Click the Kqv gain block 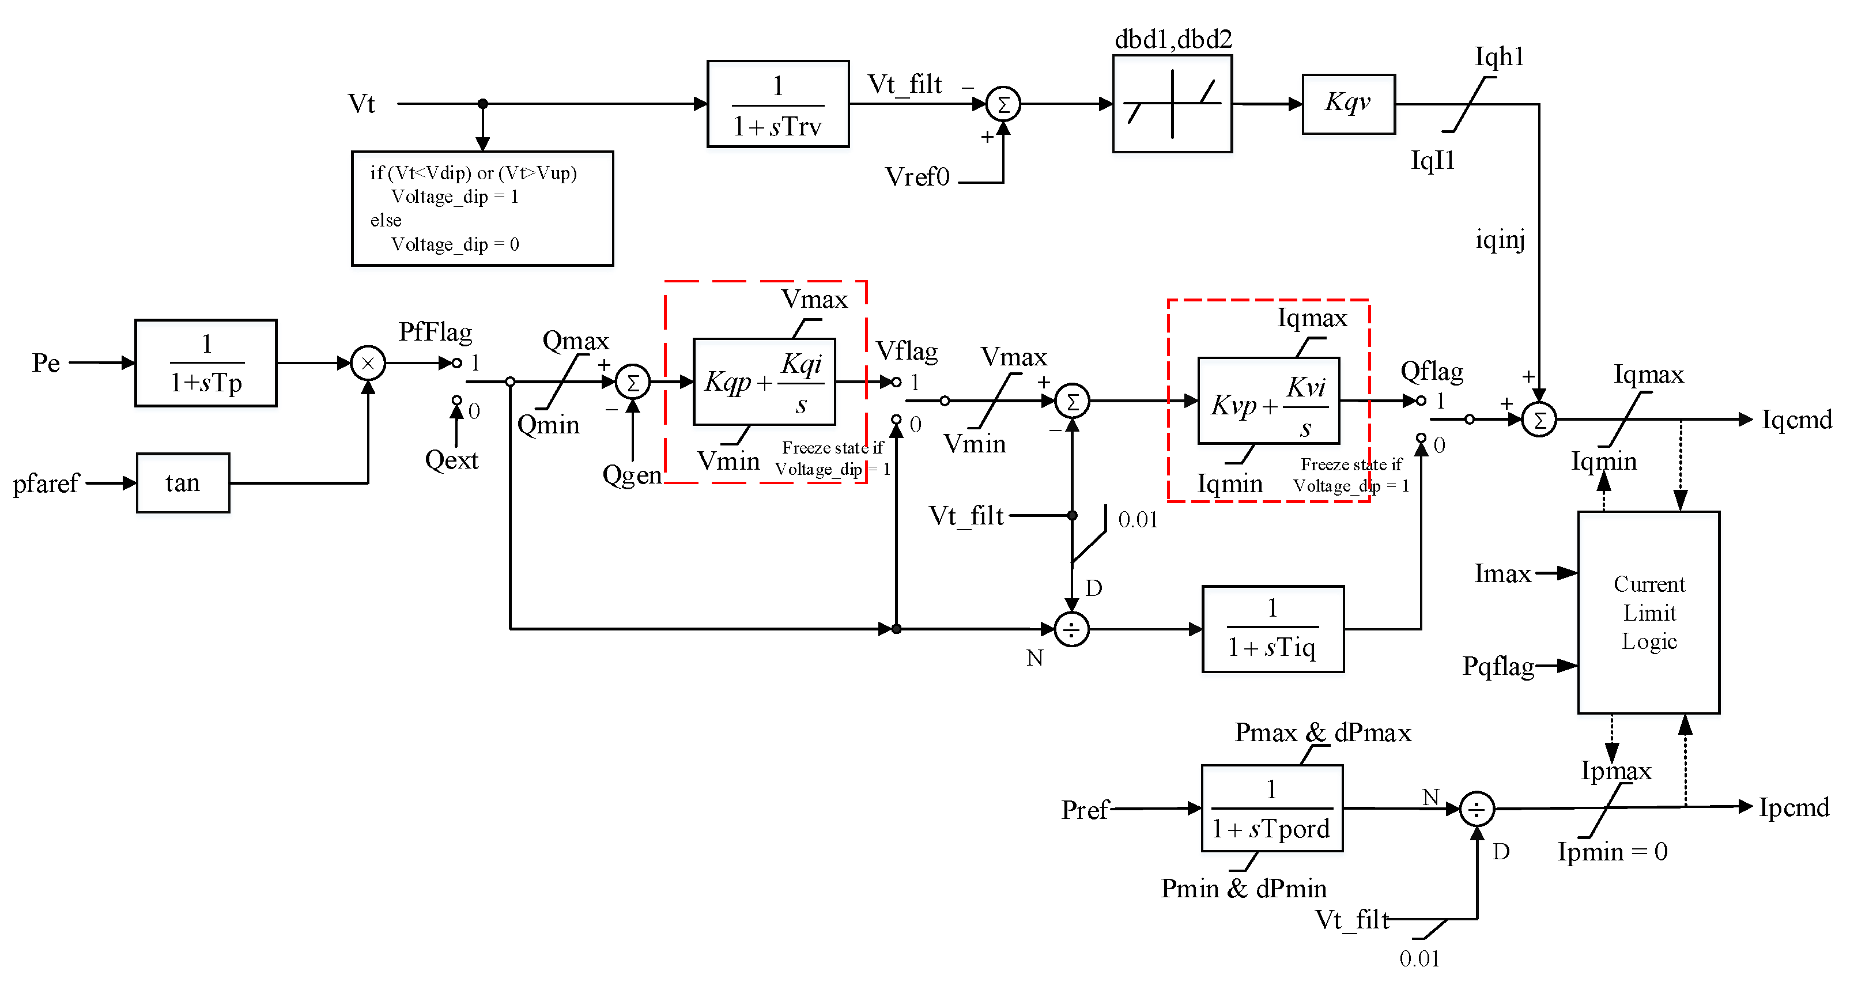(x=1348, y=104)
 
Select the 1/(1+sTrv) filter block (x=778, y=104)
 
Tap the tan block (x=183, y=482)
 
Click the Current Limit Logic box (x=1648, y=612)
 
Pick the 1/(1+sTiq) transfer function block (x=1272, y=629)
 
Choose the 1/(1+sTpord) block (x=1272, y=808)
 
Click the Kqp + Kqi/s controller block (x=764, y=382)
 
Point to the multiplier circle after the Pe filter (x=368, y=363)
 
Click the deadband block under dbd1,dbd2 (x=1172, y=104)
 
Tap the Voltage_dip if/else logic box (x=482, y=208)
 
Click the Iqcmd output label (x=1796, y=419)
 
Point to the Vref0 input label (x=917, y=176)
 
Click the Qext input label (x=451, y=459)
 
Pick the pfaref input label (x=46, y=483)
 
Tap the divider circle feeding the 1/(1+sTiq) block (x=1072, y=629)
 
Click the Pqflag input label (x=1498, y=666)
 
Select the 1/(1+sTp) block (x=206, y=363)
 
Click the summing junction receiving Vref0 (x=1003, y=104)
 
